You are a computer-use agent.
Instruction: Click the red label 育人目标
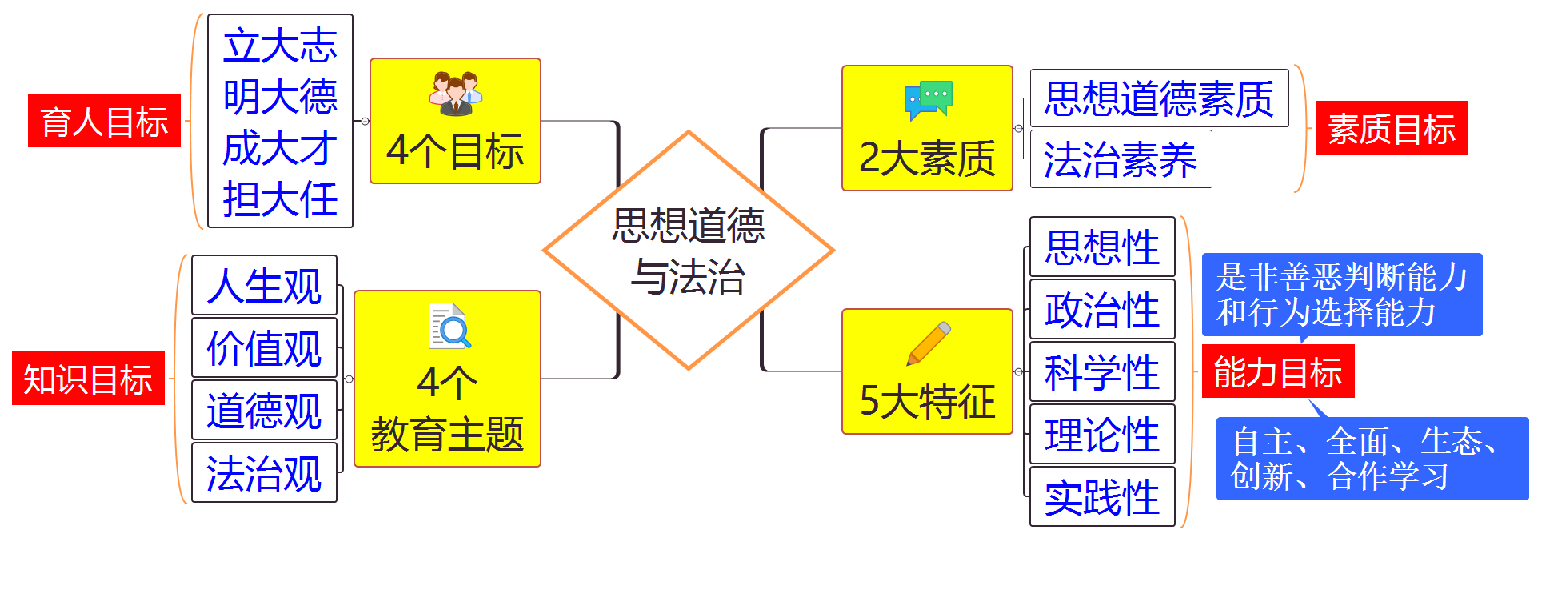point(104,121)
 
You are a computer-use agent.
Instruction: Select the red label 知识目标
point(88,379)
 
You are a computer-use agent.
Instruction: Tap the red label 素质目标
point(1391,128)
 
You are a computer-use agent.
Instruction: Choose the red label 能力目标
point(1277,371)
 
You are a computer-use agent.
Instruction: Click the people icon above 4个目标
point(455,94)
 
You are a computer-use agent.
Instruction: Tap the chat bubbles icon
point(928,99)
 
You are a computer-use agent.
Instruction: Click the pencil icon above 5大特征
point(929,343)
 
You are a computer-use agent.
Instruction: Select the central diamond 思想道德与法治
point(689,250)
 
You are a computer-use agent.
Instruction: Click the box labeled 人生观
point(264,285)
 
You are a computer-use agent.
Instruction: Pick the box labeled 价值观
point(264,347)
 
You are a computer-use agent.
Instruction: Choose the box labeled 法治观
point(264,472)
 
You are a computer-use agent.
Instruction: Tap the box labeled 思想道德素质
point(1159,98)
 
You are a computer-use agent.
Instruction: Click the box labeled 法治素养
point(1121,159)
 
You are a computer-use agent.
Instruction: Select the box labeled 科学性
point(1102,371)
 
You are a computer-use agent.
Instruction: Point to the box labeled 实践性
point(1102,496)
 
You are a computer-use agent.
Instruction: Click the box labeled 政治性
point(1102,309)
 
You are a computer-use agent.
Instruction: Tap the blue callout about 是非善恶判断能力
point(1341,295)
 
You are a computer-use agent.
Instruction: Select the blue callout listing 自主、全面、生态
point(1372,459)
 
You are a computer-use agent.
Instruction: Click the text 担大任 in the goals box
point(280,199)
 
